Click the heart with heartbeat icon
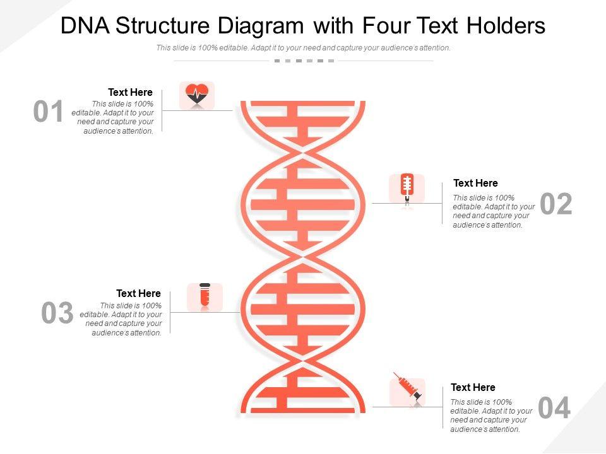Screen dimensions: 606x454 click(197, 95)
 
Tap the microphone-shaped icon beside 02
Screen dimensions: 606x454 click(407, 188)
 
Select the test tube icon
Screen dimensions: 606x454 click(205, 296)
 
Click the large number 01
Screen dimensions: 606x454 click(49, 112)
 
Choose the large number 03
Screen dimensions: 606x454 click(57, 313)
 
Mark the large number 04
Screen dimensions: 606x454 click(554, 408)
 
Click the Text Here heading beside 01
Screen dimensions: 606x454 click(130, 92)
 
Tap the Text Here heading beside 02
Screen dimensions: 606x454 click(475, 183)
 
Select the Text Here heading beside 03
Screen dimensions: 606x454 click(138, 293)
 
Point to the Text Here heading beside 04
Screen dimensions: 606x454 click(473, 387)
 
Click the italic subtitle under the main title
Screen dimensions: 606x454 click(303, 48)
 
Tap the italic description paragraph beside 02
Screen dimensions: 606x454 click(494, 211)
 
